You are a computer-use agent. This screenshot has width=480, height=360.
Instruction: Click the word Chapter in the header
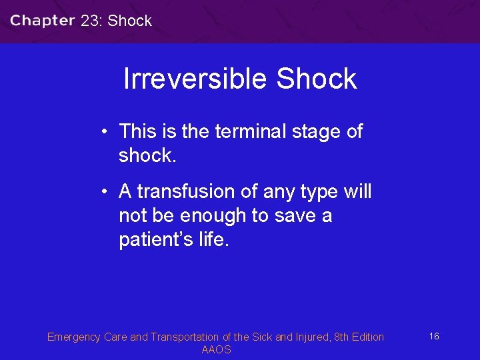(42, 20)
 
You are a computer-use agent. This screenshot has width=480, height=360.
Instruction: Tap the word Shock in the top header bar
(129, 21)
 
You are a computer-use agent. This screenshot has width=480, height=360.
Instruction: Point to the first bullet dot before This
(105, 131)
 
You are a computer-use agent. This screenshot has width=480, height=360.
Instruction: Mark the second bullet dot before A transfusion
(105, 191)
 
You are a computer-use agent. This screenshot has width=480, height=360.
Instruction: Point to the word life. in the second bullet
(213, 239)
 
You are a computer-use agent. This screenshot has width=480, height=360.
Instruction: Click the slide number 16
(434, 336)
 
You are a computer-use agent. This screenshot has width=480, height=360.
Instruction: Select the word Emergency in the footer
(74, 337)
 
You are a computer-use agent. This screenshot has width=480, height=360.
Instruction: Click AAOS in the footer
(216, 350)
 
